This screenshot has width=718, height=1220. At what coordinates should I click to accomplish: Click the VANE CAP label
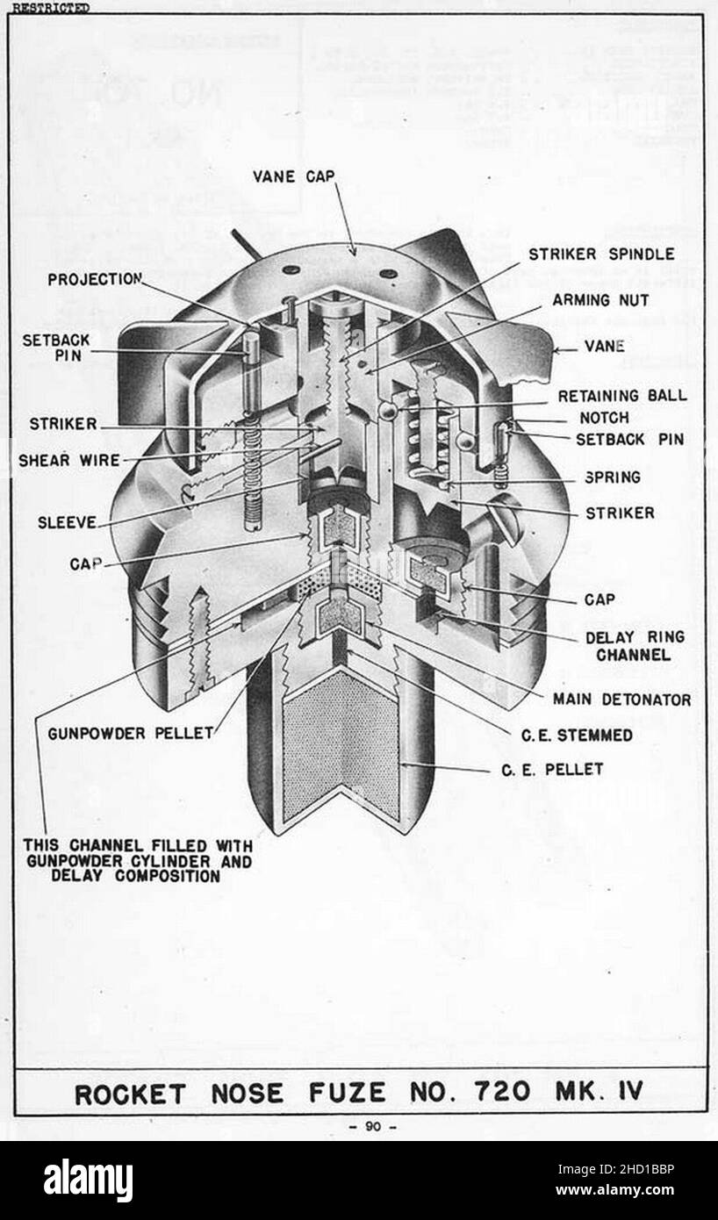[294, 176]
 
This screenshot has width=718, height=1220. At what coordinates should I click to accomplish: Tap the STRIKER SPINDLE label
[601, 254]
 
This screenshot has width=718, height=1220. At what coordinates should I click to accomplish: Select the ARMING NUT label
[601, 300]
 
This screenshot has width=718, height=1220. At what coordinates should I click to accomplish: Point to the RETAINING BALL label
[622, 396]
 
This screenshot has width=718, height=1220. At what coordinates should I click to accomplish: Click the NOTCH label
[604, 418]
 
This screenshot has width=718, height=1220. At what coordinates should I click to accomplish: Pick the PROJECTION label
[95, 279]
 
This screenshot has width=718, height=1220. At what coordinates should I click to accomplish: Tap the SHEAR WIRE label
[69, 460]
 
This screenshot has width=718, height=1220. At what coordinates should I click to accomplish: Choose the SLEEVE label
[67, 523]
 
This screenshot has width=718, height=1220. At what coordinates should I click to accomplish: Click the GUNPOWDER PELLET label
[131, 734]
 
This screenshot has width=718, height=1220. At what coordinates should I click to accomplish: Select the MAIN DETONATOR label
[622, 700]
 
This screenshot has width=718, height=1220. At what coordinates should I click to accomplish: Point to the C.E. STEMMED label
[577, 736]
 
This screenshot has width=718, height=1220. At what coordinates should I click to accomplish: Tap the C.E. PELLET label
[552, 770]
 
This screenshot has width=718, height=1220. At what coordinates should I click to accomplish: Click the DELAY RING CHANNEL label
[635, 646]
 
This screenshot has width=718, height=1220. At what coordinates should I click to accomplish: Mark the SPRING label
[613, 477]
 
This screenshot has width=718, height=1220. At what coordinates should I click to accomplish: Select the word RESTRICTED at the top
[51, 8]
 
